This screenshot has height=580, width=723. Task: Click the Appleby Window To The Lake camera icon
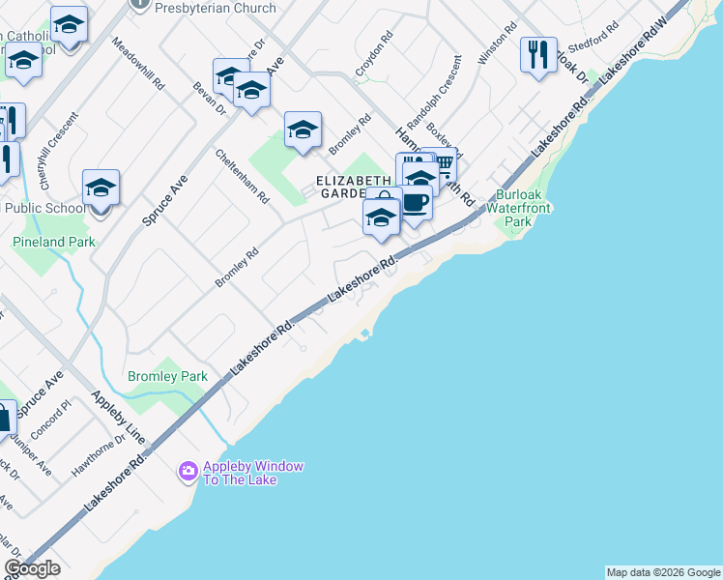pyautogui.click(x=188, y=473)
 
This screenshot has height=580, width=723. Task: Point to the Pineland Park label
pyautogui.click(x=54, y=242)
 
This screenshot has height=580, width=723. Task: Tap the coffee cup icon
pyautogui.click(x=416, y=203)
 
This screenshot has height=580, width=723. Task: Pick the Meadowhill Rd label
pyautogui.click(x=138, y=64)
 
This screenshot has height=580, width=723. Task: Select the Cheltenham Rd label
pyautogui.click(x=243, y=176)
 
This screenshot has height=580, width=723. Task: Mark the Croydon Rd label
pyautogui.click(x=375, y=54)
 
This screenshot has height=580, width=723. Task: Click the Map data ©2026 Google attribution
pyautogui.click(x=663, y=572)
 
